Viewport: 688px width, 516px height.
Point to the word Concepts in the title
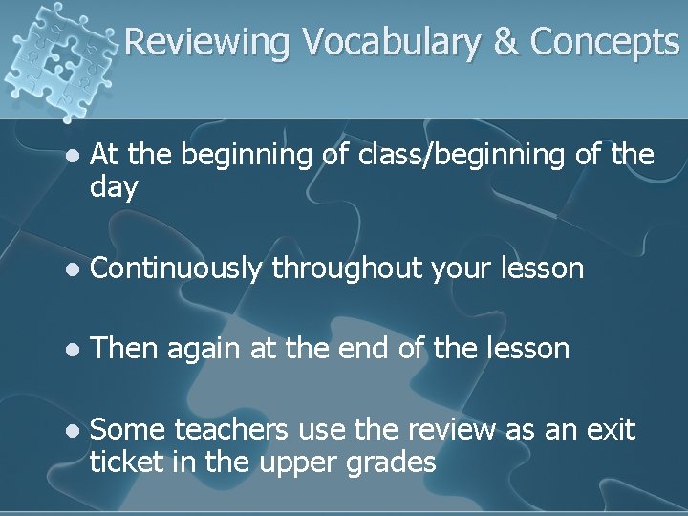605,41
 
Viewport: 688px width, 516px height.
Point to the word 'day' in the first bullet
114,187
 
